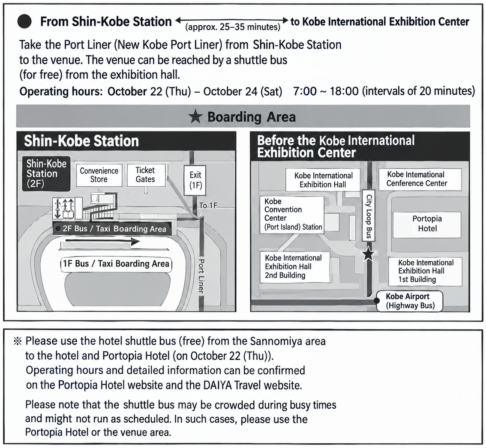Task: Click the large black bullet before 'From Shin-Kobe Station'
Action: point(24,22)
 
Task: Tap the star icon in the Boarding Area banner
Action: point(195,117)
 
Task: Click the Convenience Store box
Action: point(99,175)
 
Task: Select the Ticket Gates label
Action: point(145,175)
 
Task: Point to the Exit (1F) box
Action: point(195,180)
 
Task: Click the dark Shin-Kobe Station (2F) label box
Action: point(46,173)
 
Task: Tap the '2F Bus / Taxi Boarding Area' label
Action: point(112,229)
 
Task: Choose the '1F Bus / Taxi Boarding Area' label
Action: point(116,264)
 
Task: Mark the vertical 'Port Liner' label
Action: point(201,276)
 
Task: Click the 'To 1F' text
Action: point(208,205)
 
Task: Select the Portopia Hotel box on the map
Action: point(427,224)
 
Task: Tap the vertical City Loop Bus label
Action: point(369,216)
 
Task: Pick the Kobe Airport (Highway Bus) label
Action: point(410,301)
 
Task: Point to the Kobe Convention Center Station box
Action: point(292,214)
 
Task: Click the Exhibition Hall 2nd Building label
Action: point(294,266)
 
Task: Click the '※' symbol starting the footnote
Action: point(18,341)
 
